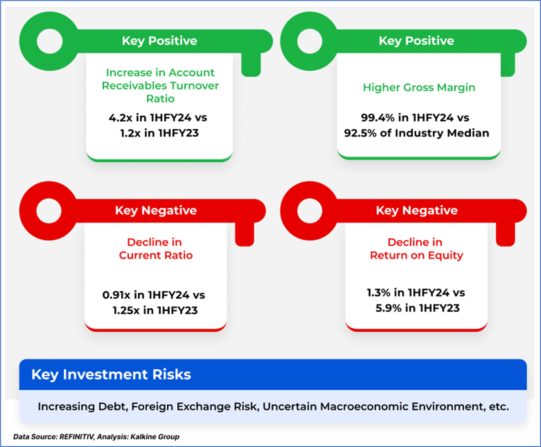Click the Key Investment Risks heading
[111, 374]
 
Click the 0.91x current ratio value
[116, 295]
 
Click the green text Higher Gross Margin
[419, 88]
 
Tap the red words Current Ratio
[156, 255]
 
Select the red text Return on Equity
[416, 256]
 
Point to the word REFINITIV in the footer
[77, 436]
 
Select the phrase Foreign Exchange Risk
[194, 407]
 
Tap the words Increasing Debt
[83, 407]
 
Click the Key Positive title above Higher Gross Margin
[416, 41]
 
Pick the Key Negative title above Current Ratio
[156, 210]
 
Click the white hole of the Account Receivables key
[50, 41]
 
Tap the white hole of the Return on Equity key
[310, 210]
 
